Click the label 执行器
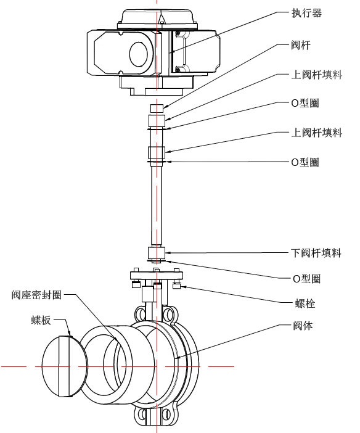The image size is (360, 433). click(x=306, y=12)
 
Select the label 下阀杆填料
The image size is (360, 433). click(x=316, y=253)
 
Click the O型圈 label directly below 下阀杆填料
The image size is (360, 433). click(x=306, y=279)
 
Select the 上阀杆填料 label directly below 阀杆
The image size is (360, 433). click(x=316, y=75)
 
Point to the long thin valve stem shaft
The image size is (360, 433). click(x=157, y=204)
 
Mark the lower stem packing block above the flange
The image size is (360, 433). click(x=156, y=253)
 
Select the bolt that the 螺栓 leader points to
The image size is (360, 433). click(x=178, y=285)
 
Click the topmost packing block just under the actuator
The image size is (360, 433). click(x=157, y=109)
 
